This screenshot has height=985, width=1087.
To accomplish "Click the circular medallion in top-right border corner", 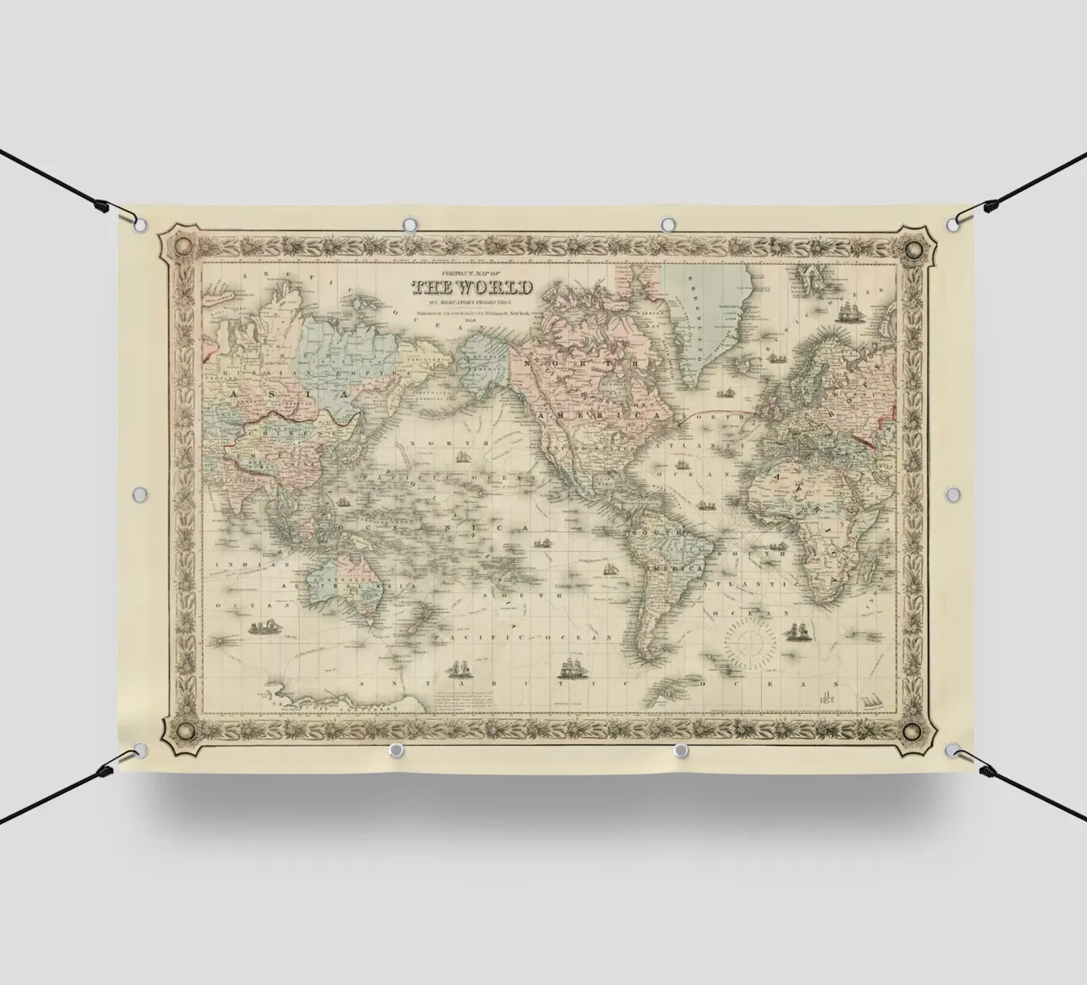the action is pyautogui.click(x=914, y=250).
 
